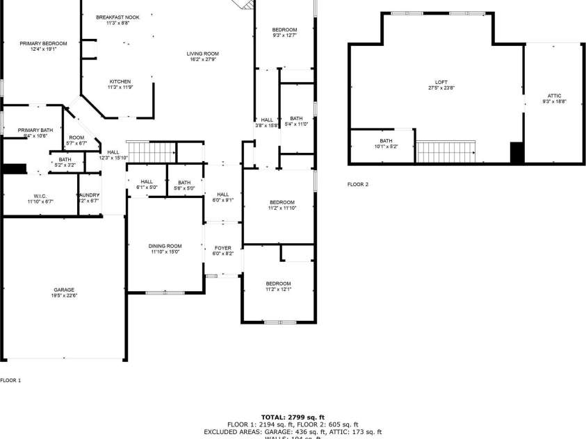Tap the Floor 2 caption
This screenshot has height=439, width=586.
(358, 185)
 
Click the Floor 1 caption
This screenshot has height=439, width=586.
(10, 380)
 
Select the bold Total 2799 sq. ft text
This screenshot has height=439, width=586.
(293, 417)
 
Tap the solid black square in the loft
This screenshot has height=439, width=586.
(516, 152)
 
